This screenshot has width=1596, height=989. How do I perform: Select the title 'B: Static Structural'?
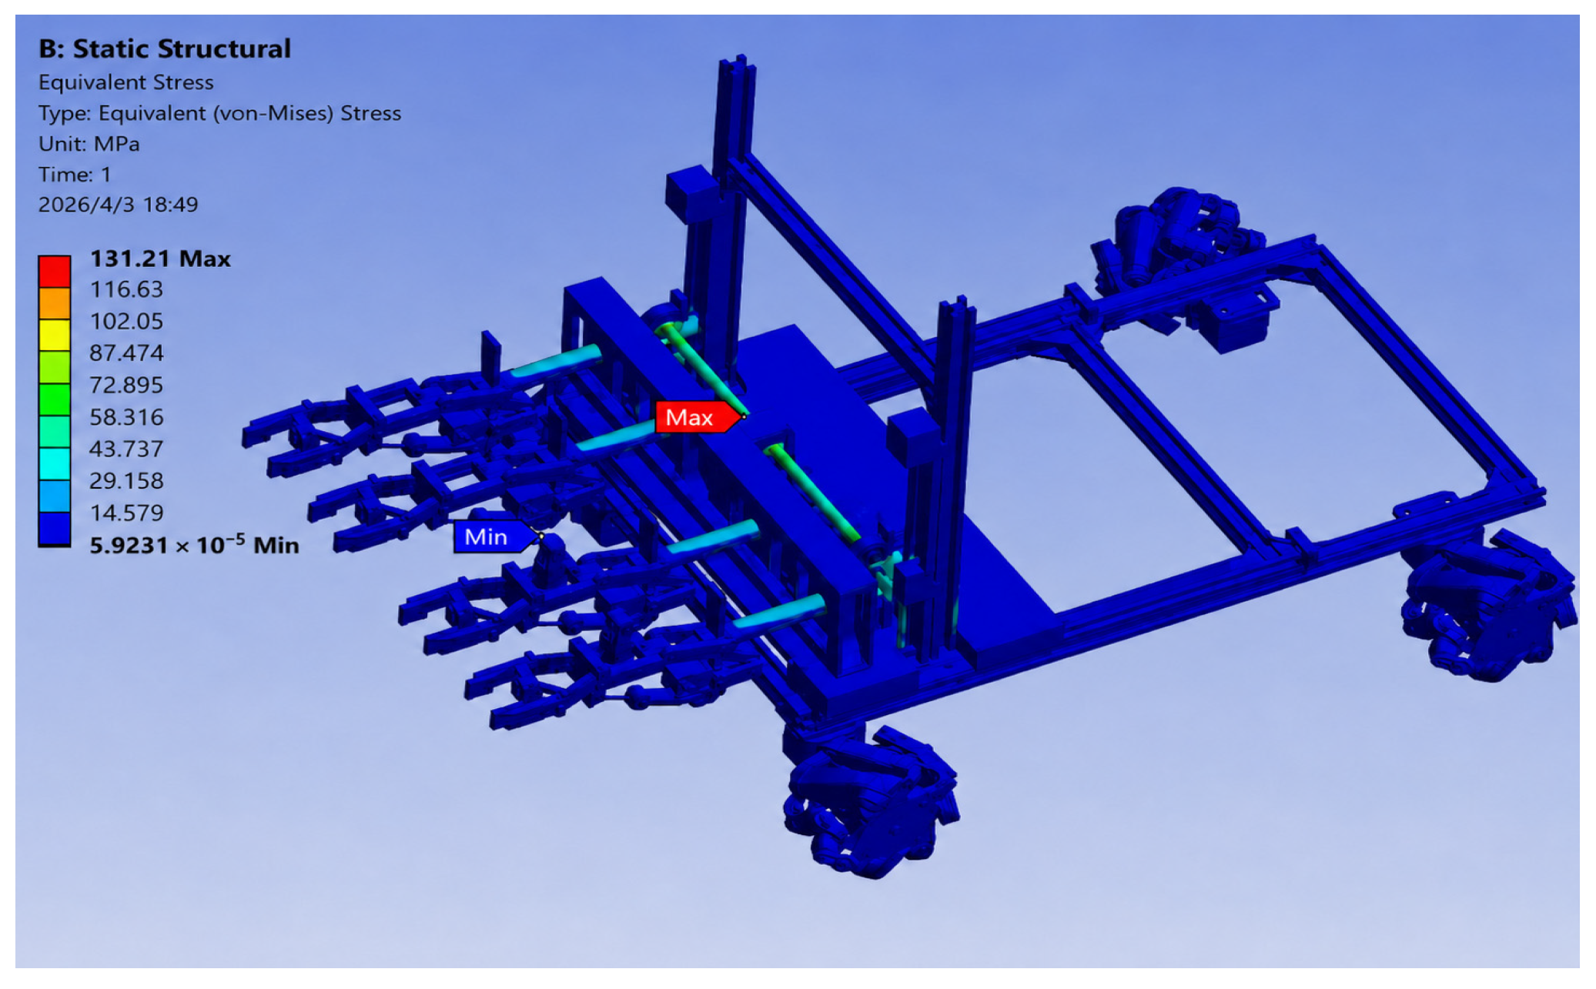165,49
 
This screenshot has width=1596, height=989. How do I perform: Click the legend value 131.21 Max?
160,259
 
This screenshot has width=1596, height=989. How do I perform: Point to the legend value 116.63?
126,289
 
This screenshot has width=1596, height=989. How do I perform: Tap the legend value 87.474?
126,353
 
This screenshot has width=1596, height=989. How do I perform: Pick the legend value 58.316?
126,417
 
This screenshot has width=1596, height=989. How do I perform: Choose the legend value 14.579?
126,513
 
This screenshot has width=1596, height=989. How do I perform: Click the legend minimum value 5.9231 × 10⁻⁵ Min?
194,544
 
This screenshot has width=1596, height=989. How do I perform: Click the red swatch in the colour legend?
55,271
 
